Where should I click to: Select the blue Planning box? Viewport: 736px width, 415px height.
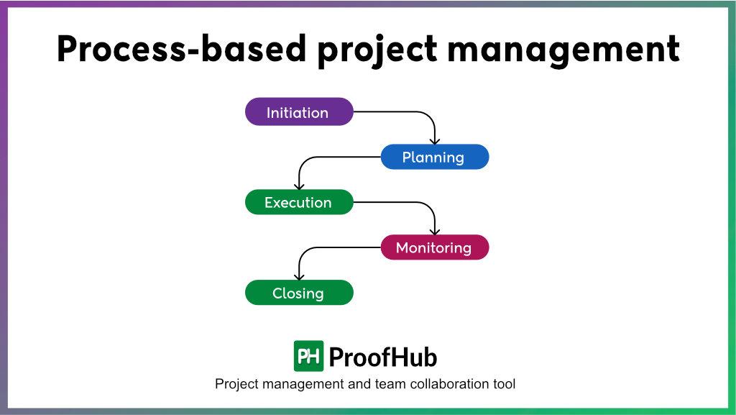coord(434,157)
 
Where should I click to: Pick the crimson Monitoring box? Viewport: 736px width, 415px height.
coord(434,247)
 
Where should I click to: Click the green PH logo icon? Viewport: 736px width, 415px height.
coord(308,356)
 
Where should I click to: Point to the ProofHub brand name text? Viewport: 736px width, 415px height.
coord(382,357)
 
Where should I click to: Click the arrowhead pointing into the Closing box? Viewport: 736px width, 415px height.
coord(299,275)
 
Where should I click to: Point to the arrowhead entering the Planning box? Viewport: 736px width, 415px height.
coord(434,140)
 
